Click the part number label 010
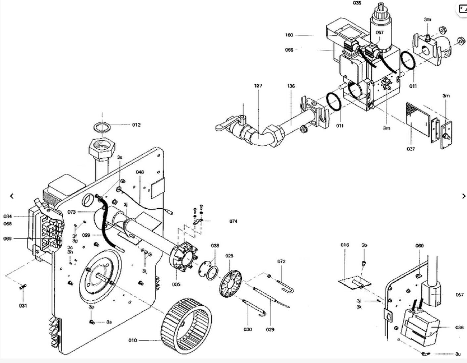coord(132,340)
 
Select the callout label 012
coord(136,125)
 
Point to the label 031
coord(23,306)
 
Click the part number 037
coord(411,149)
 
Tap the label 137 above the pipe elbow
coord(258,86)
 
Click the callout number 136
coord(291,86)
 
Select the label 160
coord(289,35)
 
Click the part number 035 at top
coord(357,3)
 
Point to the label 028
coord(229,256)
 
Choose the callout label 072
coord(281,261)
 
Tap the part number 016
coord(345,245)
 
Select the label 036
coord(459,327)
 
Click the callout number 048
coord(140,172)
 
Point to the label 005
coord(176,284)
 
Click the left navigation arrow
coord(12,196)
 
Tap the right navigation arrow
coord(463,196)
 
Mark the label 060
coord(419,246)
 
